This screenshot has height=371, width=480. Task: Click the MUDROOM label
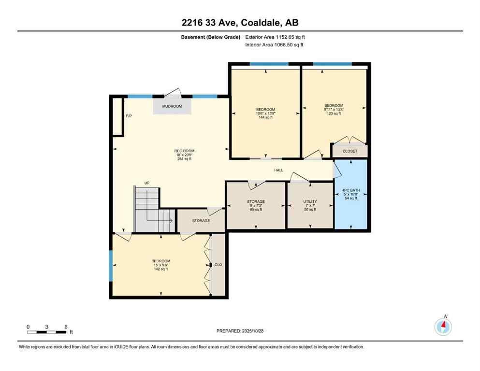[172, 106]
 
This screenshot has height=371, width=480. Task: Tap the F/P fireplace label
[129, 116]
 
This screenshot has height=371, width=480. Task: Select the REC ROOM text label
[184, 151]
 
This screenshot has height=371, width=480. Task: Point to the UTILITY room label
[310, 201]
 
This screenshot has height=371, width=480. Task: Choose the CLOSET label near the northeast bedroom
[349, 151]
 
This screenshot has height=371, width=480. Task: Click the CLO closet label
[218, 265]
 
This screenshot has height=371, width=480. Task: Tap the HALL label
[279, 170]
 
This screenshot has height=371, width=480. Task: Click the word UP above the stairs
[147, 183]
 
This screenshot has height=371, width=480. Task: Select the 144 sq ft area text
[265, 117]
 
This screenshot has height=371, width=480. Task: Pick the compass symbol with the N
[443, 327]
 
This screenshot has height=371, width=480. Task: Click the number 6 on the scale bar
[65, 327]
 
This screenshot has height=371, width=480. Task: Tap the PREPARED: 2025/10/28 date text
[240, 331]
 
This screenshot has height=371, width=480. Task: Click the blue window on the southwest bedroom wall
[111, 266]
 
